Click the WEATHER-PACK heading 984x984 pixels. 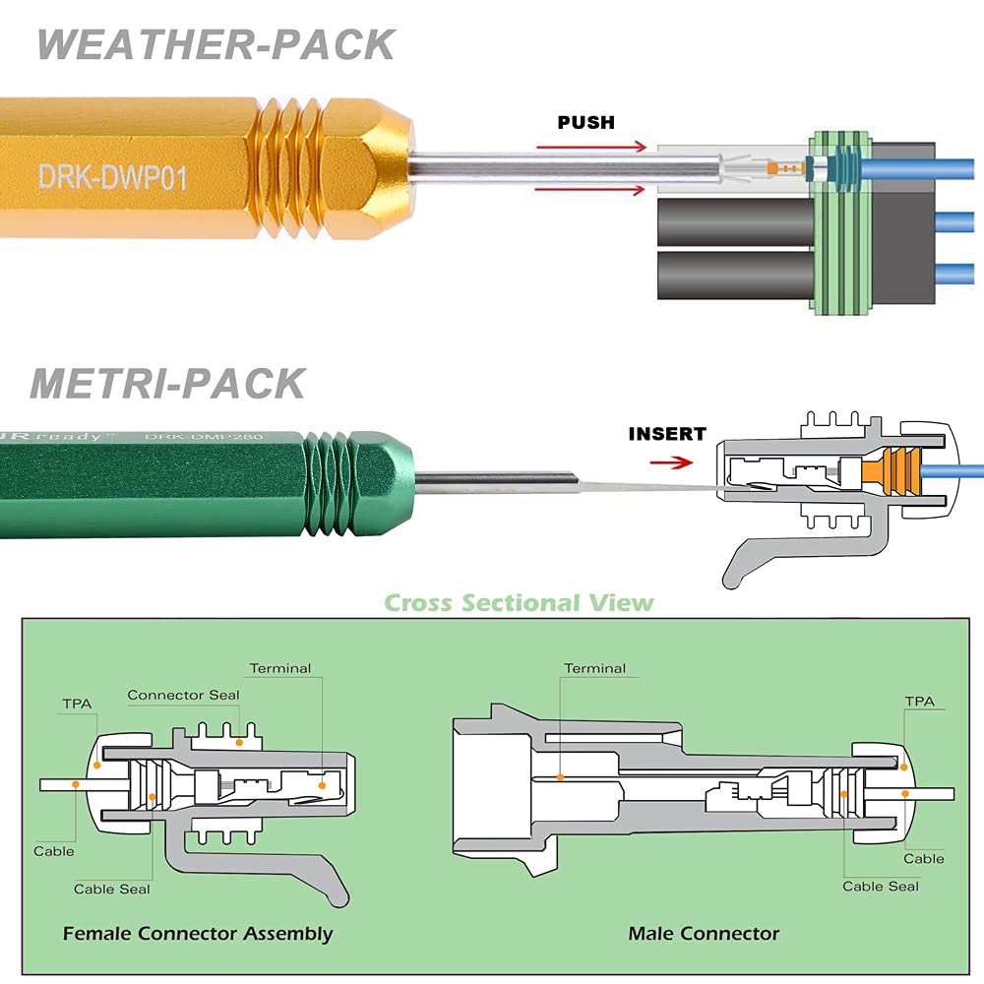(x=216, y=46)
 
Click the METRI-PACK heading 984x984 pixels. (x=167, y=383)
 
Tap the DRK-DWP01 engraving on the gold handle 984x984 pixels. (x=112, y=176)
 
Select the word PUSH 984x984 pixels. (x=585, y=123)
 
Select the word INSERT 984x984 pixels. (x=667, y=433)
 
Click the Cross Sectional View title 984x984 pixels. (x=519, y=602)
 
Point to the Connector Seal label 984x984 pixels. (x=183, y=695)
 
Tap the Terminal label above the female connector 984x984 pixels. (x=279, y=668)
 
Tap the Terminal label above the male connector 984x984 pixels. (x=594, y=668)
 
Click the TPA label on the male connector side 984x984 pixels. (x=919, y=702)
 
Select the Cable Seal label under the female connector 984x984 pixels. (x=112, y=889)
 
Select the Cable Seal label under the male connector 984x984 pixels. (x=881, y=886)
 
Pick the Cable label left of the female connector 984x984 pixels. (x=54, y=850)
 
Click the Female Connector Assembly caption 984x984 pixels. (x=198, y=933)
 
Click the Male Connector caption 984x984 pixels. (x=704, y=933)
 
